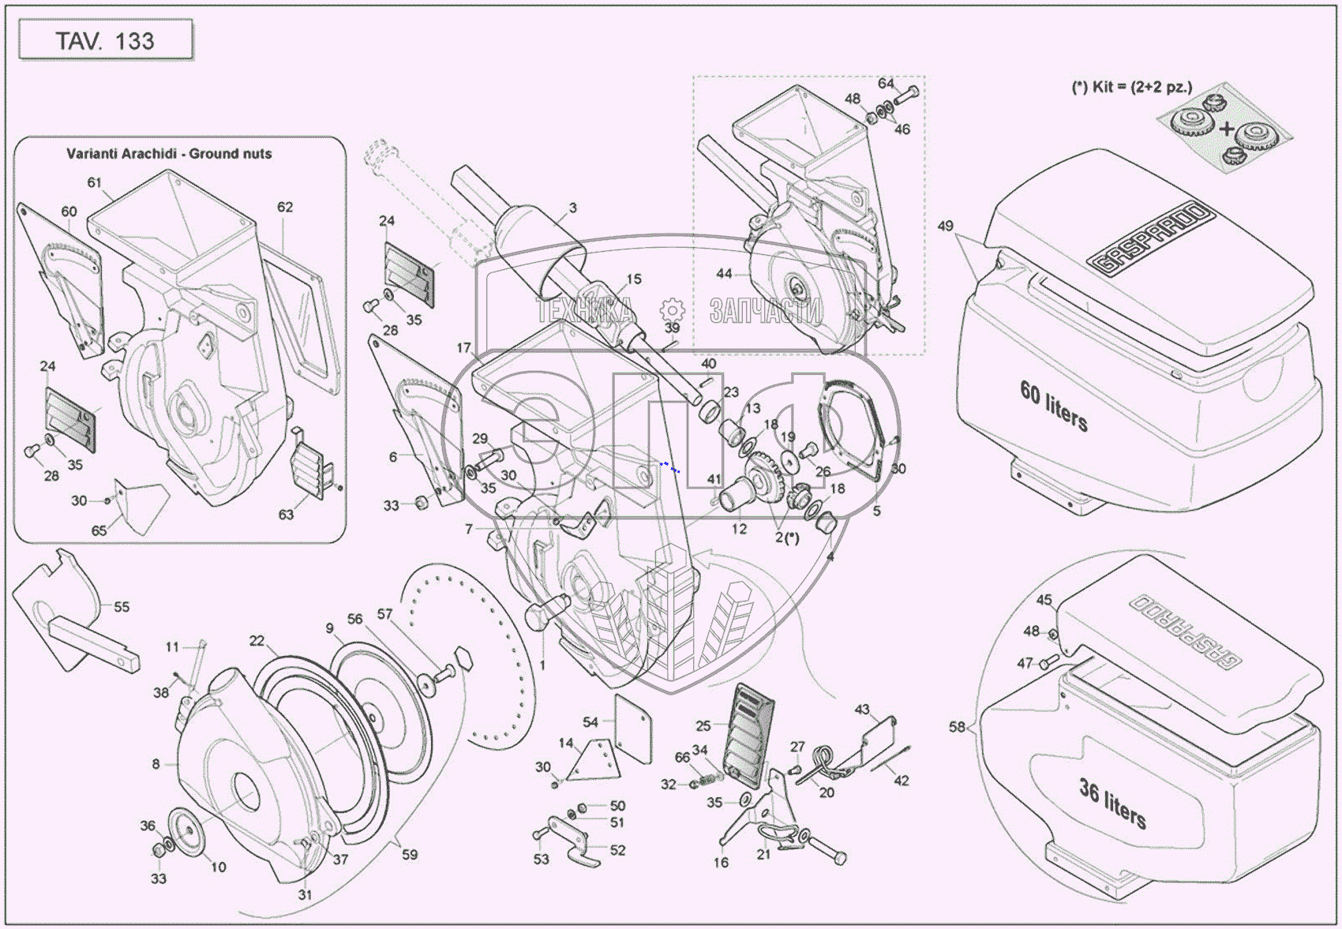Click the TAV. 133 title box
coord(105,41)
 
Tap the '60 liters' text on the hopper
coord(1053,406)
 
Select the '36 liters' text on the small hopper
coord(1112,803)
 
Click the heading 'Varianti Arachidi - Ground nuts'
coord(169,154)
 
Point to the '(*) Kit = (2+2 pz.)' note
coord(1131,88)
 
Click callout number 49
coord(945,227)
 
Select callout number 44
coord(724,274)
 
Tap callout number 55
coord(122,607)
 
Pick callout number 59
coord(409,855)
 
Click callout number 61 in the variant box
coord(95,183)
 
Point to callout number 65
coord(99,530)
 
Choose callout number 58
coord(957,727)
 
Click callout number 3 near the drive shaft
coord(572,208)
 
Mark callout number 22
coord(257,641)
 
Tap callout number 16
coord(721,863)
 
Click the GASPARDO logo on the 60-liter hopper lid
coord(1148,239)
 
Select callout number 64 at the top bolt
coord(886,84)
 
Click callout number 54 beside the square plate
coord(590,721)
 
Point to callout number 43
coord(862,710)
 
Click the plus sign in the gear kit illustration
coord(1227,129)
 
